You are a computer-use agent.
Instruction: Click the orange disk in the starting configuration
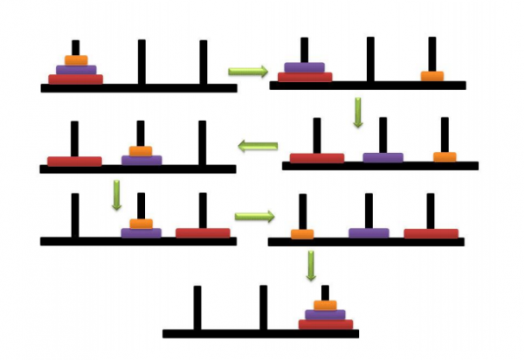coord(76,60)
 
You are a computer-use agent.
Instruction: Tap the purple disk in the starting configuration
coord(76,69)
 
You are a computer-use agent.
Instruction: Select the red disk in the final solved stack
coord(326,324)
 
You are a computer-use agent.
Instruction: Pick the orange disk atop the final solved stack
coord(326,305)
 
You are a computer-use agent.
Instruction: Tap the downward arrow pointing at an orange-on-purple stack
coord(117,195)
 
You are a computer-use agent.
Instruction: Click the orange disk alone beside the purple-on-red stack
coord(432,76)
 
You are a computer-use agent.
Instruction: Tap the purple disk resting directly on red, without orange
coord(304,66)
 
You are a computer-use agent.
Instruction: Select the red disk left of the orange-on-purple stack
coord(74,161)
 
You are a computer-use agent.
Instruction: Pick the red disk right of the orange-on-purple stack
coord(203,233)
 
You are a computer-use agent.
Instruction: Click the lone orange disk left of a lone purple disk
coord(302,234)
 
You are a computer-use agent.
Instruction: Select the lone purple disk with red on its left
coord(383,157)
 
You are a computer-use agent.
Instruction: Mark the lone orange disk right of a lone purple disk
coord(445,157)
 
